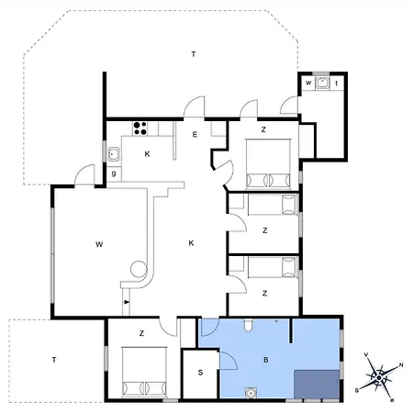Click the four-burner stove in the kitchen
pyautogui.click(x=140, y=128)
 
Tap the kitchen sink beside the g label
pyautogui.click(x=114, y=154)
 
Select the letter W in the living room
pyautogui.click(x=99, y=244)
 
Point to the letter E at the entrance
pyautogui.click(x=195, y=135)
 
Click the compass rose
pyautogui.click(x=379, y=378)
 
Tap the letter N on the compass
pyautogui.click(x=401, y=365)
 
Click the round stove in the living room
pyautogui.click(x=139, y=269)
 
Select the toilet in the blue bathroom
pyautogui.click(x=248, y=325)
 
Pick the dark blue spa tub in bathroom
pyautogui.click(x=317, y=385)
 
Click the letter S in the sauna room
pyautogui.click(x=200, y=373)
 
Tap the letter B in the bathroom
pyautogui.click(x=265, y=360)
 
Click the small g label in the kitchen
pyautogui.click(x=114, y=173)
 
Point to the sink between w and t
pyautogui.click(x=322, y=83)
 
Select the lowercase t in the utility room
pyautogui.click(x=337, y=83)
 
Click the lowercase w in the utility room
pyautogui.click(x=308, y=83)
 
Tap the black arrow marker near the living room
pyautogui.click(x=127, y=302)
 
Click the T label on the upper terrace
pyautogui.click(x=194, y=54)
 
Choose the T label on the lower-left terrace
pyautogui.click(x=54, y=360)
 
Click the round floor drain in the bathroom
pyautogui.click(x=251, y=393)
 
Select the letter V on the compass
pyautogui.click(x=365, y=354)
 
